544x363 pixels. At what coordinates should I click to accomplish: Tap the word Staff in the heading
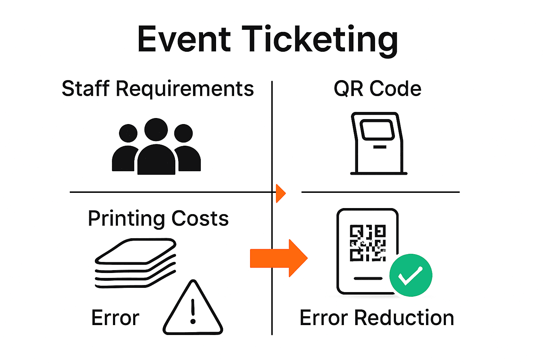[x=85, y=89]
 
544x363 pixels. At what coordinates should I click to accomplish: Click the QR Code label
[x=378, y=89]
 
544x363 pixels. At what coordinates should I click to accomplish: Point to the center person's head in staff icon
[x=156, y=129]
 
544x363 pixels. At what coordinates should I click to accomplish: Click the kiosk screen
[x=377, y=129]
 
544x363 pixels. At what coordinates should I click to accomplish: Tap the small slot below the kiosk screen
[x=380, y=147]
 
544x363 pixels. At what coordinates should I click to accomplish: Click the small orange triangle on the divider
[x=280, y=193]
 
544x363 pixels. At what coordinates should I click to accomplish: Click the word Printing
[x=125, y=218]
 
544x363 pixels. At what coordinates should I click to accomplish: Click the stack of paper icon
[x=135, y=263]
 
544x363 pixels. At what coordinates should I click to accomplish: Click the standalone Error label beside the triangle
[x=115, y=318]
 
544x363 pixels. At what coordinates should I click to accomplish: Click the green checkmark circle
[x=410, y=275]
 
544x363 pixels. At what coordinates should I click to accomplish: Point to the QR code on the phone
[x=368, y=243]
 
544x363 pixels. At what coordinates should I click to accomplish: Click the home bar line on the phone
[x=368, y=279]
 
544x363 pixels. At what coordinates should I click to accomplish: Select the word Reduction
[x=404, y=318]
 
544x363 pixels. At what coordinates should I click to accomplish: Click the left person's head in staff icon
[x=128, y=133]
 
